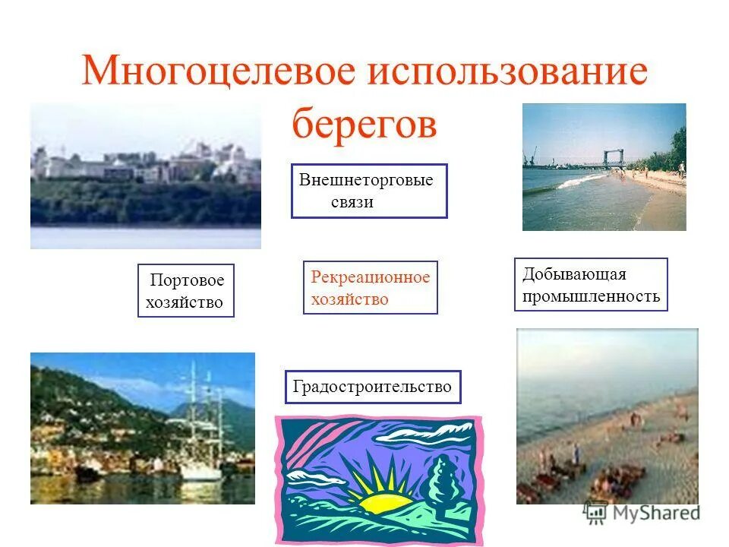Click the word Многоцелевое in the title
[x=219, y=71]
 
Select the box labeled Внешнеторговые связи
[x=369, y=191]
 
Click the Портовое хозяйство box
[x=186, y=291]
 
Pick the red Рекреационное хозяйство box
[x=370, y=288]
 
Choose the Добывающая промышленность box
[x=591, y=285]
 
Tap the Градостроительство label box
[x=372, y=387]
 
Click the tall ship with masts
[x=202, y=433]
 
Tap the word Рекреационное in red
[x=370, y=277]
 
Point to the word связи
[x=352, y=203]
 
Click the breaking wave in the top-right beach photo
[x=581, y=182]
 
